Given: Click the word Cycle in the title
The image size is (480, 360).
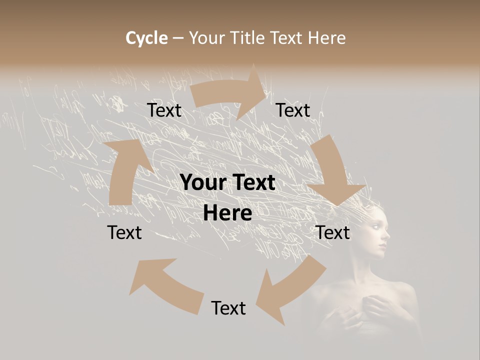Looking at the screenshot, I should point(146,38).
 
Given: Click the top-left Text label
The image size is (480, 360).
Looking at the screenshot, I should point(164,110).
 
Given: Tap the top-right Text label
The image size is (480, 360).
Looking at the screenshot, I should point(293,110).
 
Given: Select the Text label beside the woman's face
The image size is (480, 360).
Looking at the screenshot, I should point(332,232).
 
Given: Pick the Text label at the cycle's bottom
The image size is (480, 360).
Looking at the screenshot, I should point(228,308).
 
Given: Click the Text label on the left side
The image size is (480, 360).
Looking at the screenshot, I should point(124,232).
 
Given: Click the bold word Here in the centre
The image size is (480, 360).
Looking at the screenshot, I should point(227,213).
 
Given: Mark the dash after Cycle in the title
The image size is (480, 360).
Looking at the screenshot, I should point(178,38).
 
